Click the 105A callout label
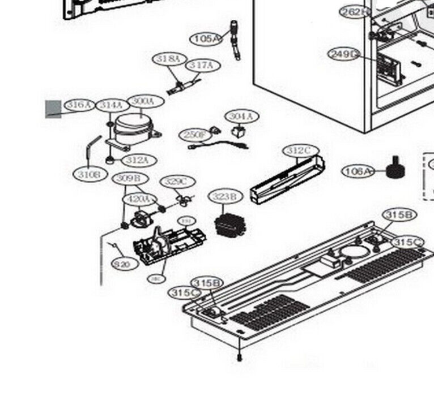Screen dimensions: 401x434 pyautogui.click(x=205, y=38)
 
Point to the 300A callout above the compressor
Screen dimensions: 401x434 pyautogui.click(x=143, y=101)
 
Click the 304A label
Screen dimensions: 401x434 pyautogui.click(x=242, y=116)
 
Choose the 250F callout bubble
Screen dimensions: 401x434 pyautogui.click(x=195, y=135)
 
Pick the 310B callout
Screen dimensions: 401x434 pyautogui.click(x=90, y=175)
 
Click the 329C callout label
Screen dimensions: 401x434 pyautogui.click(x=176, y=182)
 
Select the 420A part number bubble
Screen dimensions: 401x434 pyautogui.click(x=139, y=199)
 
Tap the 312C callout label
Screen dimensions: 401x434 pyautogui.click(x=300, y=150)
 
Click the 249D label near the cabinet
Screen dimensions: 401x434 pyautogui.click(x=344, y=54)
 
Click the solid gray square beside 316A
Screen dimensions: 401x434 pyautogui.click(x=53, y=109)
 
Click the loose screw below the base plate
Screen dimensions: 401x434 pyautogui.click(x=239, y=357)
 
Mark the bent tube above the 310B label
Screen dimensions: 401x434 pyautogui.click(x=92, y=149)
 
